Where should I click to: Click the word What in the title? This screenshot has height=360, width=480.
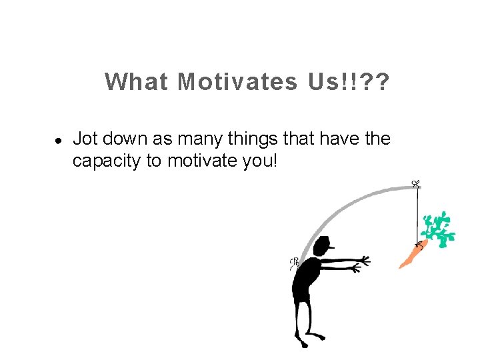[136, 82]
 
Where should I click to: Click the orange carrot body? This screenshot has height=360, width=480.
[409, 257]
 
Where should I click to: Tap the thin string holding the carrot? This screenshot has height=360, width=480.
[418, 213]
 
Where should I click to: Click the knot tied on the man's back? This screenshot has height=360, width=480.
[293, 263]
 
